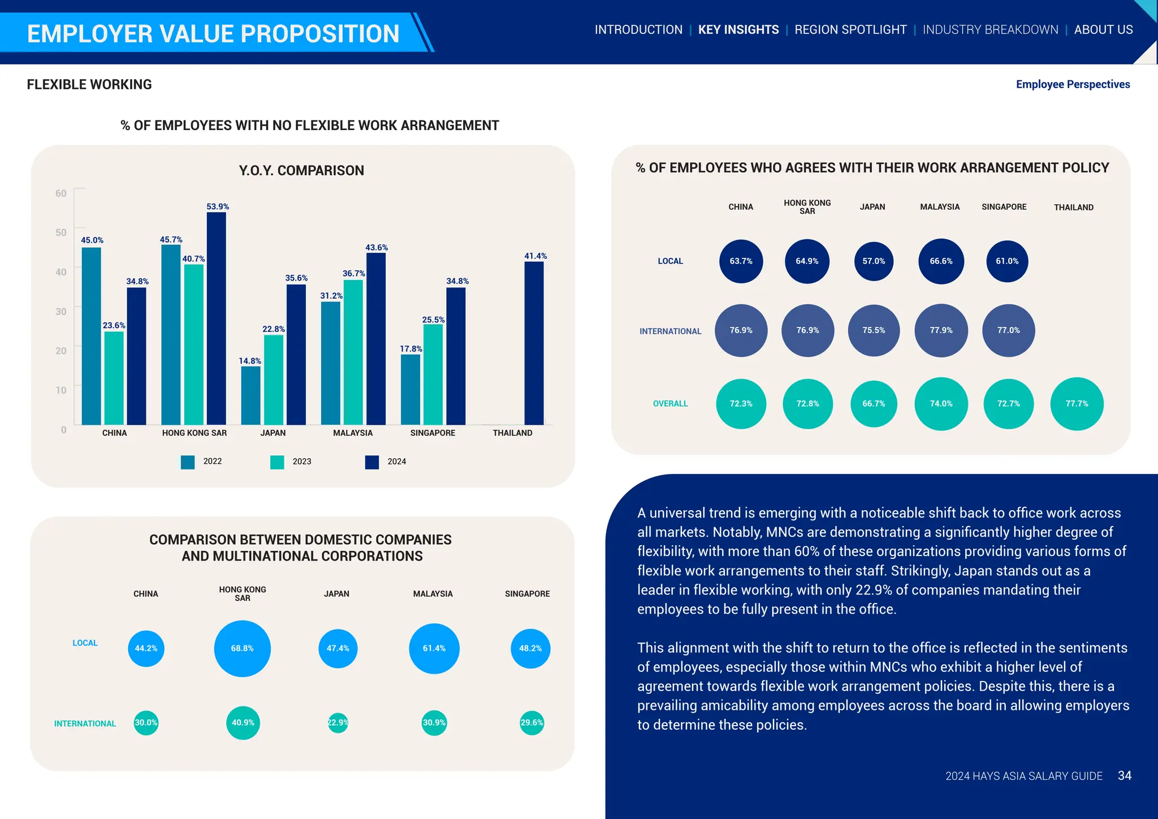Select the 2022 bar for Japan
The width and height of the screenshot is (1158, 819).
click(x=250, y=395)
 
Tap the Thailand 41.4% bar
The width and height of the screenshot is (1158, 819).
click(x=534, y=343)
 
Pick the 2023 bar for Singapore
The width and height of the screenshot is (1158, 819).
click(x=433, y=374)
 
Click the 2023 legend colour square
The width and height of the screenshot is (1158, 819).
click(x=277, y=462)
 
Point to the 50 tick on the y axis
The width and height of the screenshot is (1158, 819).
click(x=61, y=232)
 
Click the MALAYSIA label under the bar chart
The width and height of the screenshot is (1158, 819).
click(x=353, y=433)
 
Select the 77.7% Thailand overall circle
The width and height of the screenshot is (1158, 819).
click(x=1077, y=404)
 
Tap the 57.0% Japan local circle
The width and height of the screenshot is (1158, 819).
click(x=874, y=261)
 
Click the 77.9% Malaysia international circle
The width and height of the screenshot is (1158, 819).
click(x=941, y=330)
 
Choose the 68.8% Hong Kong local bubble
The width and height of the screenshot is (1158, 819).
click(x=242, y=649)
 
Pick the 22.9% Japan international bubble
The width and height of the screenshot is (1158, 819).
click(x=338, y=723)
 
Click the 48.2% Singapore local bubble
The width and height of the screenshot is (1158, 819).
click(x=530, y=649)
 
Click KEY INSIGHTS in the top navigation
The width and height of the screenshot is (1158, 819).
click(x=738, y=30)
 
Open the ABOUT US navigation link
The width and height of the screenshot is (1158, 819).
click(x=1103, y=30)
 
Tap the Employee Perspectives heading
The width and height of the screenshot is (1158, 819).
click(x=1073, y=85)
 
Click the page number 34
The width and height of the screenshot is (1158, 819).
click(x=1124, y=776)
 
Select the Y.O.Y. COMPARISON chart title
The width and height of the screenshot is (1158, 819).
click(x=301, y=171)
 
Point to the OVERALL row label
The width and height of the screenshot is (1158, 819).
click(x=670, y=404)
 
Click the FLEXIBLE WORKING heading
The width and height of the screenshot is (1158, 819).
click(x=89, y=85)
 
